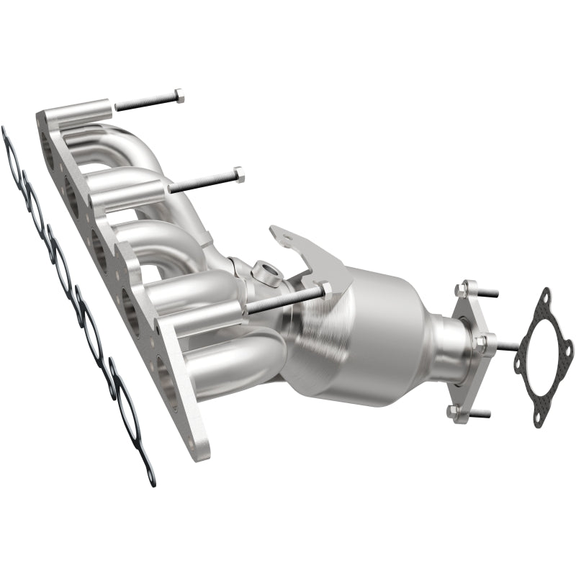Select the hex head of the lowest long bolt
[x=326, y=289]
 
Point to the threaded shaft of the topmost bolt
[x=144, y=102]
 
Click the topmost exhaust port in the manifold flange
[x=48, y=148]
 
